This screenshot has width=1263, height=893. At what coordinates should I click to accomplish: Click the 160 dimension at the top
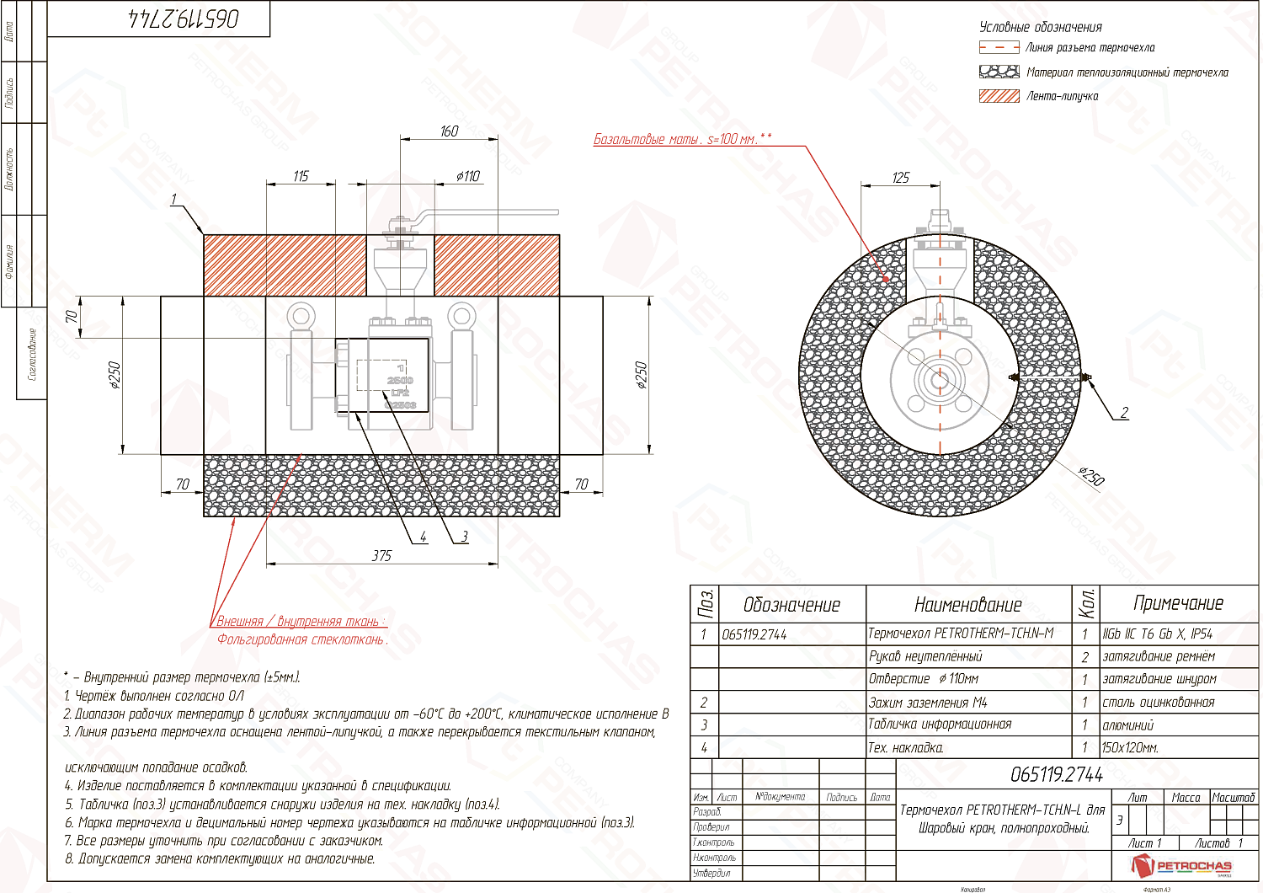coord(449,131)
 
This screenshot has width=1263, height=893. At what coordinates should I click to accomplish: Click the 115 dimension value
coord(301,176)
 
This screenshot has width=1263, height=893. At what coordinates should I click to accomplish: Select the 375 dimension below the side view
coord(381,555)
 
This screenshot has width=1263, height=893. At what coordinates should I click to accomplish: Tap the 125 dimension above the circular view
coord(900,178)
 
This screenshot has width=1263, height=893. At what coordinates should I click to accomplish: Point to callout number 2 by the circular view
coord(1123,413)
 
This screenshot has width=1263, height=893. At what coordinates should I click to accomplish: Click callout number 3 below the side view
coord(463,537)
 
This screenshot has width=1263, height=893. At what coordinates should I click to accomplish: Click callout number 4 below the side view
coord(423,537)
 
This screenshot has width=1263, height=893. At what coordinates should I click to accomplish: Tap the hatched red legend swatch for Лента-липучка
coord(999,96)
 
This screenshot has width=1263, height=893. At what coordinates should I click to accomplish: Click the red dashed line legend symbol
coord(999,48)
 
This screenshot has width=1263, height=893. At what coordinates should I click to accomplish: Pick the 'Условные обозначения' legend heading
coord(1040,27)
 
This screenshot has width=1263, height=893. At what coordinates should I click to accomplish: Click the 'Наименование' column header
coord(967,604)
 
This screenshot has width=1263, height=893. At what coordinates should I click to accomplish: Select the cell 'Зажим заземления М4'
coord(927,702)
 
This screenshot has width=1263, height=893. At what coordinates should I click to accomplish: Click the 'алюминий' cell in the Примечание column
coord(1127,725)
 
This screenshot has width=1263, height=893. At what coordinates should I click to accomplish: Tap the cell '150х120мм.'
coord(1130,747)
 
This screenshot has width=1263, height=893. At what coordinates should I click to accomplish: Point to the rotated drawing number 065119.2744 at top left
coord(184,19)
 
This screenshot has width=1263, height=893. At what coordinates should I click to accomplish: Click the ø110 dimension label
coord(467,176)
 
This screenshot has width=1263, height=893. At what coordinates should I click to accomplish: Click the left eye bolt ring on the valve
coord(300,317)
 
